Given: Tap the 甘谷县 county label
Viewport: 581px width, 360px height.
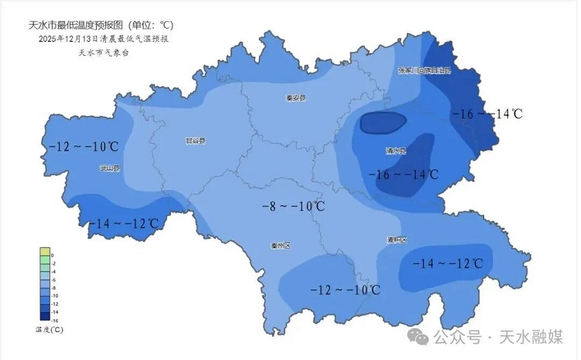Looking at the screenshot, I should point(195,141).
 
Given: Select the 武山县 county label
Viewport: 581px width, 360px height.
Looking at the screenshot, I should point(109,167).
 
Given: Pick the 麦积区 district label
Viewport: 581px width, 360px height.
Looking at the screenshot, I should point(397,240).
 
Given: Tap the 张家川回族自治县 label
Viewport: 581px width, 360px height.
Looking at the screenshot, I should point(424,70).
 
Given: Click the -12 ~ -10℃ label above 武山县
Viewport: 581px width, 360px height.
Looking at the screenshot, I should point(83,146).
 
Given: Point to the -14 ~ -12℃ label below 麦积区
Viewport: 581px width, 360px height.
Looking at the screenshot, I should point(448,264).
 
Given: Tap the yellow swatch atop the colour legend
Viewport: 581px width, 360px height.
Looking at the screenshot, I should point(45,254).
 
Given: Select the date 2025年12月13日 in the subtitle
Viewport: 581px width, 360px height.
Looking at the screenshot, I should point(75,38).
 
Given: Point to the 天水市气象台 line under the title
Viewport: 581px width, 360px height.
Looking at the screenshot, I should point(103,52).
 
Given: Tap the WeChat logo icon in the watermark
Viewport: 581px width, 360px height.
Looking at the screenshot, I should point(418,337).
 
